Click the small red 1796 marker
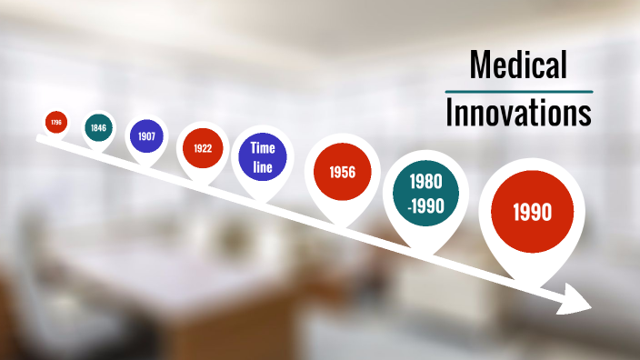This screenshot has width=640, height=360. [56, 122]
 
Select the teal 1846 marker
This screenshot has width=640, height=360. [98, 128]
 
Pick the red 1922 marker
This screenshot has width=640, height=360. [203, 148]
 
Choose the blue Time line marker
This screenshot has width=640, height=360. [263, 155]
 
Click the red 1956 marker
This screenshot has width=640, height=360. [342, 172]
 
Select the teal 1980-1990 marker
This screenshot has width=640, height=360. [425, 193]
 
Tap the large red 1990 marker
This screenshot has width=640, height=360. [532, 213]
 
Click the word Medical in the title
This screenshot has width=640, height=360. [518, 65]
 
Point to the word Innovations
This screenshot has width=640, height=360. [518, 113]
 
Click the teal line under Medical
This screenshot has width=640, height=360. [518, 91]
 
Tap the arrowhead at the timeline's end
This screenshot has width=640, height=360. [578, 298]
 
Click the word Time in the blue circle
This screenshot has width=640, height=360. [263, 147]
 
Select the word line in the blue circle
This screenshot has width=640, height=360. [263, 165]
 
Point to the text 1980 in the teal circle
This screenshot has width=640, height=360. [425, 182]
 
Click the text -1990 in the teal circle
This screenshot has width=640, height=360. [425, 205]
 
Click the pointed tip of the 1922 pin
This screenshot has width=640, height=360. [203, 185]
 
